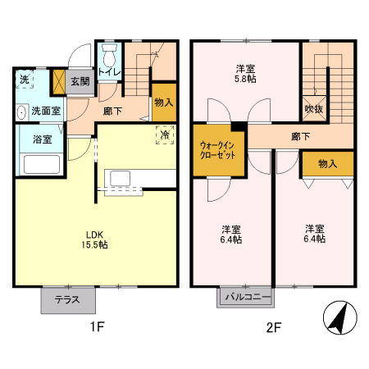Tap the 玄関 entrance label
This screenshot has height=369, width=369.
click(80, 82)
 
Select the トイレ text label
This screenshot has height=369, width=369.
click(110, 72)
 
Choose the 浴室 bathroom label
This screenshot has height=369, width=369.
click(43, 139)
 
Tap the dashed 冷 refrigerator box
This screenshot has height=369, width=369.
click(165, 134)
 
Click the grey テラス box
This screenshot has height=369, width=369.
click(67, 299)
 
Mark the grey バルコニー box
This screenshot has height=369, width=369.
click(245, 297)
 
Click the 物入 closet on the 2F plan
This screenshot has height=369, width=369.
click(327, 164)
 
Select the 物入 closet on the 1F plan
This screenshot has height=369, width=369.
click(164, 102)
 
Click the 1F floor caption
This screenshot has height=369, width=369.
click(97, 328)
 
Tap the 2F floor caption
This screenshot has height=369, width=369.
click(273, 328)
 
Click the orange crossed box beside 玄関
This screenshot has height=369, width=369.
click(58, 82)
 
